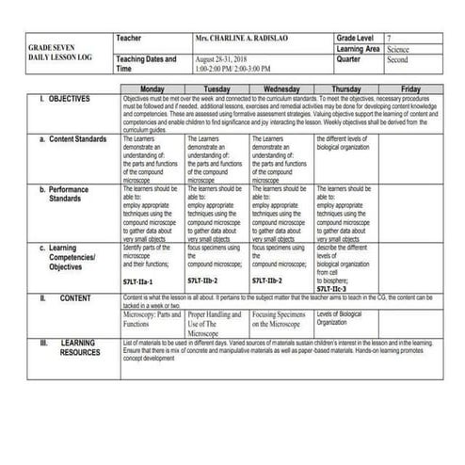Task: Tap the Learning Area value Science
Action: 397,47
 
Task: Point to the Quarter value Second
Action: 397,58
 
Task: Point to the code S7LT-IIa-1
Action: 138,281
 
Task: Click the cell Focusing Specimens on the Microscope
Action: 281,319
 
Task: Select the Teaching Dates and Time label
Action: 145,63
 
